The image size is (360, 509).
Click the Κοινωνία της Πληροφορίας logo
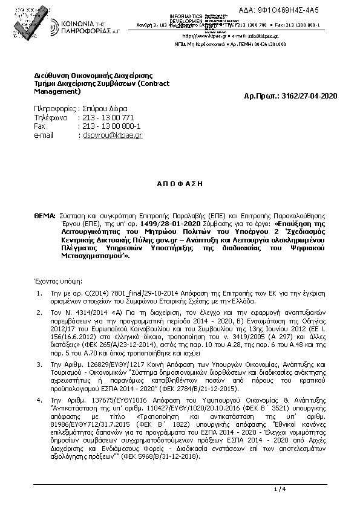point(69,26)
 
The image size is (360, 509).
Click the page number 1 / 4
point(279,488)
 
